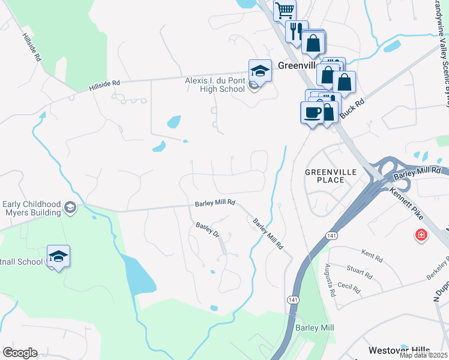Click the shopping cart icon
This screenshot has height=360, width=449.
pyautogui.click(x=285, y=10)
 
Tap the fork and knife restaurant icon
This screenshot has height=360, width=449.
pyautogui.click(x=296, y=31)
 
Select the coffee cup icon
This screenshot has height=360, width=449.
pyautogui.click(x=312, y=112)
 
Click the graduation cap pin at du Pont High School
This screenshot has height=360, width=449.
pyautogui.click(x=260, y=70)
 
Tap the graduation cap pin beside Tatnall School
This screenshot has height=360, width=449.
pyautogui.click(x=58, y=256)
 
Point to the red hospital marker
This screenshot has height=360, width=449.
pyautogui.click(x=421, y=235)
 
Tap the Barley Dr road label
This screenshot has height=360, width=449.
pyautogui.click(x=208, y=230)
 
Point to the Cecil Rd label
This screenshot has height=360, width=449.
pyautogui.click(x=348, y=287)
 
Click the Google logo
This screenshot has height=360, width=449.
pyautogui.click(x=20, y=353)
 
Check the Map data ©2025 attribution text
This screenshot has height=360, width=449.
pyautogui.click(x=424, y=355)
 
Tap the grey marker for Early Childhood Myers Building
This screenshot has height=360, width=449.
pyautogui.click(x=70, y=207)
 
